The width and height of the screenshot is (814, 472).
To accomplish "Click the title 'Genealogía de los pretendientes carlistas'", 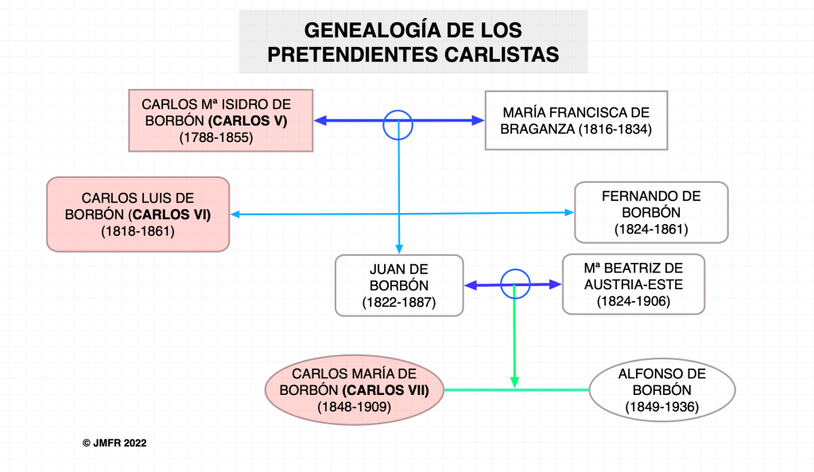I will [413, 42].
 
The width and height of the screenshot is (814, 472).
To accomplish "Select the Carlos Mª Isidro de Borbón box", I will [221, 120].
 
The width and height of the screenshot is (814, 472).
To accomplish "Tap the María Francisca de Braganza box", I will [576, 120].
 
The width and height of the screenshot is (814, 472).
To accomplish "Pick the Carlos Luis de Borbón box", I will [138, 215].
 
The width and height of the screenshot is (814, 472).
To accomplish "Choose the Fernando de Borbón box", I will [651, 212].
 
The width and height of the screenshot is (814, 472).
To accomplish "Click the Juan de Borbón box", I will [399, 285].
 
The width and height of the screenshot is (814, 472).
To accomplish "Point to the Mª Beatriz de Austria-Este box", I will [633, 284].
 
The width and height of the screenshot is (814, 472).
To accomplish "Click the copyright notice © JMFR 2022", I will [114, 443].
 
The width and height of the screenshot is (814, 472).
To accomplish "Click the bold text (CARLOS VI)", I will [171, 215].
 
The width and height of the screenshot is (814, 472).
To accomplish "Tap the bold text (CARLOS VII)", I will [386, 390].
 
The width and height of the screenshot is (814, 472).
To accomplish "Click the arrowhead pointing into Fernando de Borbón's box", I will [568, 212].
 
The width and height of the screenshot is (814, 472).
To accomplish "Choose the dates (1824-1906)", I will [633, 301].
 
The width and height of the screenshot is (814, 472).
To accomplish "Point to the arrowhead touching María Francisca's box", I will [478, 121].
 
